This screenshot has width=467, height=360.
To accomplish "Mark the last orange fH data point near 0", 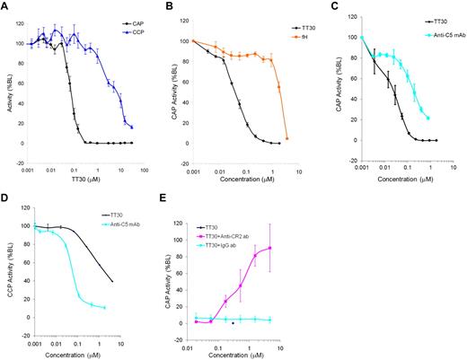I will click(287, 138).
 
